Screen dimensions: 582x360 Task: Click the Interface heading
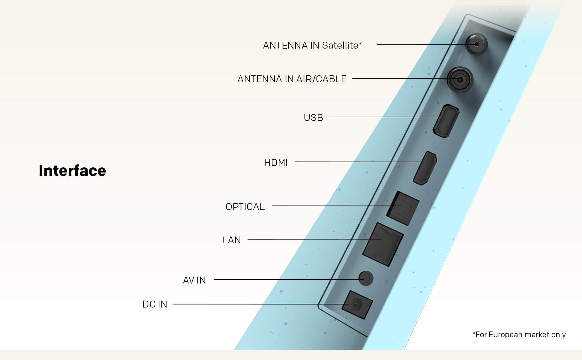coord(72,170)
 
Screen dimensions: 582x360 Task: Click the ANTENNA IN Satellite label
coord(312,45)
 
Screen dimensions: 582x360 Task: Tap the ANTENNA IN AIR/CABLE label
coord(292,79)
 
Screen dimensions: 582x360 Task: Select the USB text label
coord(313,118)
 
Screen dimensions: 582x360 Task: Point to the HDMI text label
coord(276,163)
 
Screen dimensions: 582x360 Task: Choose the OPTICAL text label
coord(245,207)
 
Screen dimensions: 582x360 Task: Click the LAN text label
coord(232,240)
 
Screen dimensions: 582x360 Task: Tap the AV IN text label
coord(194,280)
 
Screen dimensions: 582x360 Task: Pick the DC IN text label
coord(154,304)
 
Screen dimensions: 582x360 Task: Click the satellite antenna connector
coord(476,44)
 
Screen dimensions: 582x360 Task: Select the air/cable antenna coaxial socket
coord(460,79)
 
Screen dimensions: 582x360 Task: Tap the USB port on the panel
coord(446,121)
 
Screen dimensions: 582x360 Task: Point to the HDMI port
coord(425,168)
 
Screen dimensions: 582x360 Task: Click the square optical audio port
coord(403,208)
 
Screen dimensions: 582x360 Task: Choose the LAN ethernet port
coord(383,244)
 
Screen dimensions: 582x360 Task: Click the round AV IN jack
coord(366,278)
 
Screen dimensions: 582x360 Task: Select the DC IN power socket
coord(357,305)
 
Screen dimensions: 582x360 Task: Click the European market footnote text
coord(519,334)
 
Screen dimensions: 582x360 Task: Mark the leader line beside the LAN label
coord(315,239)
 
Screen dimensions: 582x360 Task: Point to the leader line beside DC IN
coord(261,304)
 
